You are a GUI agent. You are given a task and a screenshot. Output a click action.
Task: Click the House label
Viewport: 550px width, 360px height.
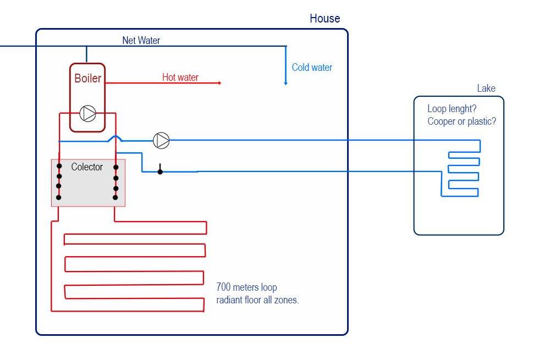pos(324,19)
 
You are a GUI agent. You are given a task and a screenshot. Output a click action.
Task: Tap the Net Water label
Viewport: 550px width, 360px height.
pos(141,40)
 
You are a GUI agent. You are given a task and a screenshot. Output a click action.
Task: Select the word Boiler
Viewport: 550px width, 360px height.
pos(88,79)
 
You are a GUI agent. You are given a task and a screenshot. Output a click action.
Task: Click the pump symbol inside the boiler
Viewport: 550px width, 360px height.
pos(88,113)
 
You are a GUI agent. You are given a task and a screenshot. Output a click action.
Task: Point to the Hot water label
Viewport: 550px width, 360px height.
pos(180,77)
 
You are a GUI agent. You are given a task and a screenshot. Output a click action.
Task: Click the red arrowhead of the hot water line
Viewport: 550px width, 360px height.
pos(219,83)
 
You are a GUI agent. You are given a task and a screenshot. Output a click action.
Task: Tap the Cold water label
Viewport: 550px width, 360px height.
pos(312,68)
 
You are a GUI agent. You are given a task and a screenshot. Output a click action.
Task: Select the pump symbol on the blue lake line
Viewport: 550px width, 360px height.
pos(161,141)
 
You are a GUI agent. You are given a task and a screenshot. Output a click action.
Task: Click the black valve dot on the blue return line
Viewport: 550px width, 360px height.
pos(160,171)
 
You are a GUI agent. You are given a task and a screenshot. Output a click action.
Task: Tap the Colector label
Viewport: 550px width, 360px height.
pos(87,167)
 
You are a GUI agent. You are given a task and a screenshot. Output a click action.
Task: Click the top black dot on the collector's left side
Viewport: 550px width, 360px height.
pos(59,167)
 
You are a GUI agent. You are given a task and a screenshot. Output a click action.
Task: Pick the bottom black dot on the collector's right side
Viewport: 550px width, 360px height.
pos(116,197)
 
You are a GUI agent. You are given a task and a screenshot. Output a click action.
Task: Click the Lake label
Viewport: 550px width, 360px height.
pos(486,88)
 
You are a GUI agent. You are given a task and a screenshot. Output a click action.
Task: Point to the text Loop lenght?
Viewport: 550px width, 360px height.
pos(452,108)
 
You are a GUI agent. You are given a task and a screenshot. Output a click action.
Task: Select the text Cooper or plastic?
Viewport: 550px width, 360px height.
pos(461,121)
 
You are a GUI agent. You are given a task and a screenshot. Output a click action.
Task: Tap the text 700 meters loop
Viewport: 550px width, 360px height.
pos(247,287)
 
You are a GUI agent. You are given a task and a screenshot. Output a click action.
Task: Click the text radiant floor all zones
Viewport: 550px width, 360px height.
pos(258,300)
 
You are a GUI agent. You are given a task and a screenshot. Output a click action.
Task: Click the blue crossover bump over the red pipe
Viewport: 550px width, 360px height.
pos(115,138)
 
